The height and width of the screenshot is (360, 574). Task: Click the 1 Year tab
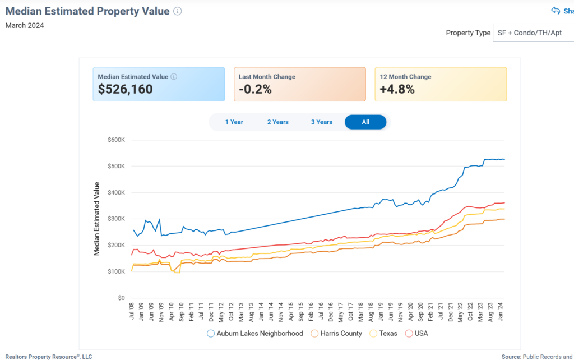pos(234,122)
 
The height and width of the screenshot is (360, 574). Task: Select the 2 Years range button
pos(277,122)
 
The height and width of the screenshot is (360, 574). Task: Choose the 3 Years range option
pos(322,122)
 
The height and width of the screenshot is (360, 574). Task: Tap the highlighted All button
pos(365,122)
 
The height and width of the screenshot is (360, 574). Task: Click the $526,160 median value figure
pos(125,89)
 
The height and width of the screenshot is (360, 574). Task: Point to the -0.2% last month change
pos(255,89)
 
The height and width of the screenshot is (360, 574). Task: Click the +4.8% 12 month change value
pos(397,89)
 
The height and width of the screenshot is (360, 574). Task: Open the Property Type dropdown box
pos(533,33)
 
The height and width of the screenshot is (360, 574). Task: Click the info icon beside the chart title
pos(178,11)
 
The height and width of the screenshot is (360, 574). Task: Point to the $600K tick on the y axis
pos(116,140)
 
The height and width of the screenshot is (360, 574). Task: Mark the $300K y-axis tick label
pos(116,219)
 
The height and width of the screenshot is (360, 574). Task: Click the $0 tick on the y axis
pos(120,298)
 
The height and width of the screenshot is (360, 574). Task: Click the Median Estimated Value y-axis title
pos(96,219)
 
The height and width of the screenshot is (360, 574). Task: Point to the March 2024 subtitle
pos(25,25)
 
